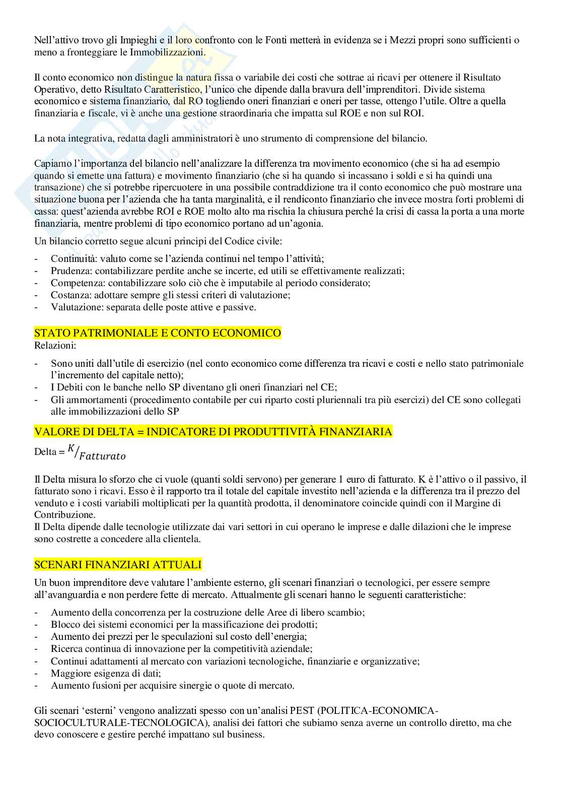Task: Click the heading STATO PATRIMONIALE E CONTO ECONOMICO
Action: [x=158, y=333]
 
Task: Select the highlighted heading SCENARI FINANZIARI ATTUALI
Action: [x=118, y=564]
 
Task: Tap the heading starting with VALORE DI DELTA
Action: [x=213, y=432]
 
